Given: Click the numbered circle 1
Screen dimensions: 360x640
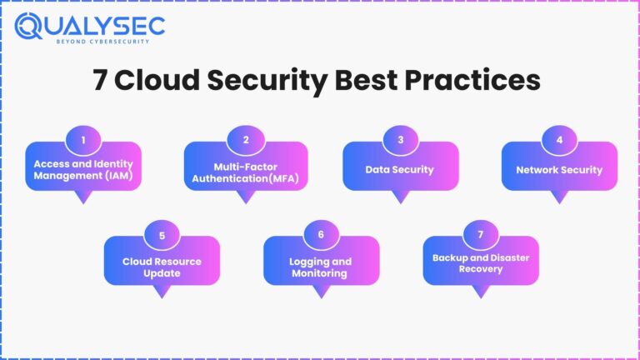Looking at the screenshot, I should [82, 140].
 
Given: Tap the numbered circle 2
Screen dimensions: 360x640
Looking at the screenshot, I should [246, 140].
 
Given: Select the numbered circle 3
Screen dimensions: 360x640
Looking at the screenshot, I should [401, 140].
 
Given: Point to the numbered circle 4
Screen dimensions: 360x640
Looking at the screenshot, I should [559, 140].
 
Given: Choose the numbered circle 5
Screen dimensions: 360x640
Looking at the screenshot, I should [162, 235].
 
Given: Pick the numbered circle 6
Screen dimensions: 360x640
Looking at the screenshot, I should [321, 235].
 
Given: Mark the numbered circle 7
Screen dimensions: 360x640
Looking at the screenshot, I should [480, 235].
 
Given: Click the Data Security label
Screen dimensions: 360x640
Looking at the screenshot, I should [400, 170].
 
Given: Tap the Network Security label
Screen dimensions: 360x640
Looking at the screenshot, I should [559, 170].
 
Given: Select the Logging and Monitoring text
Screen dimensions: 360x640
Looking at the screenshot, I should [321, 267].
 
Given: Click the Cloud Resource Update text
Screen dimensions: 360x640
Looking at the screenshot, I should [162, 267].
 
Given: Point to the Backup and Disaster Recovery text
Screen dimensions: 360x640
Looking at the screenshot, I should [480, 263].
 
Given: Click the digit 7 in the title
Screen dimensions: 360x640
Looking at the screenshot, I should [99, 81].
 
